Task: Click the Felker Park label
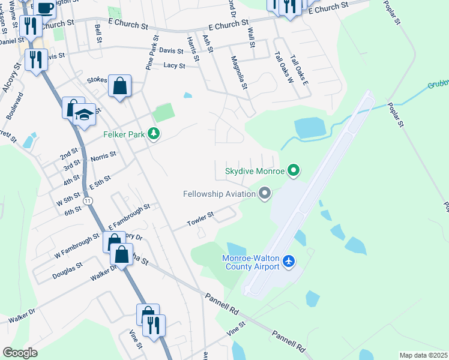[x=124, y=134]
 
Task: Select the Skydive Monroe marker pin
[x=294, y=171]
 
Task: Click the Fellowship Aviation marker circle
[x=265, y=193]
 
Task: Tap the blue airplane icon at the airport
[x=289, y=262]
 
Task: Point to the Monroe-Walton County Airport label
[x=250, y=262]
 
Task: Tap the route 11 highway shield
[x=89, y=200]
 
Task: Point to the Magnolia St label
[x=240, y=73]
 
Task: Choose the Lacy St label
[x=174, y=65]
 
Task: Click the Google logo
[x=20, y=352]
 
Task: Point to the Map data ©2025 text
[x=424, y=355]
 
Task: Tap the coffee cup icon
[x=44, y=6]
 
